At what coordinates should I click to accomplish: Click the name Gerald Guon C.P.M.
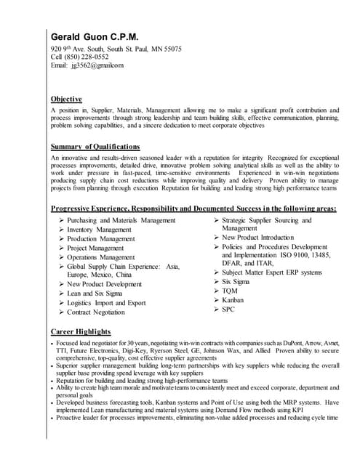point(94,36)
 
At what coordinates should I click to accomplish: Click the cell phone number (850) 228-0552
point(87,57)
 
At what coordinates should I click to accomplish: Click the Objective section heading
point(66,99)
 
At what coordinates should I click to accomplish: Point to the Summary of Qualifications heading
point(95,147)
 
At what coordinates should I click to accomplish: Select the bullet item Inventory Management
point(99,230)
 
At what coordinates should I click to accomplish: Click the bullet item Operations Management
point(101,257)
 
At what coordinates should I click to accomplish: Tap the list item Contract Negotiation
point(96,312)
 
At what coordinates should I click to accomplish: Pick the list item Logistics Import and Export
point(106,303)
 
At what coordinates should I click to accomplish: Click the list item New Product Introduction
point(257,238)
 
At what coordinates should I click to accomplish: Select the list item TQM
point(230,291)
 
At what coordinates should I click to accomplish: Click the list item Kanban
point(233,300)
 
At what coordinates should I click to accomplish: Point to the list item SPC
point(228,310)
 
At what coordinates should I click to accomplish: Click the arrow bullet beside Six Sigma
point(216,281)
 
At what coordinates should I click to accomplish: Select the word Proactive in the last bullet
point(70,418)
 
